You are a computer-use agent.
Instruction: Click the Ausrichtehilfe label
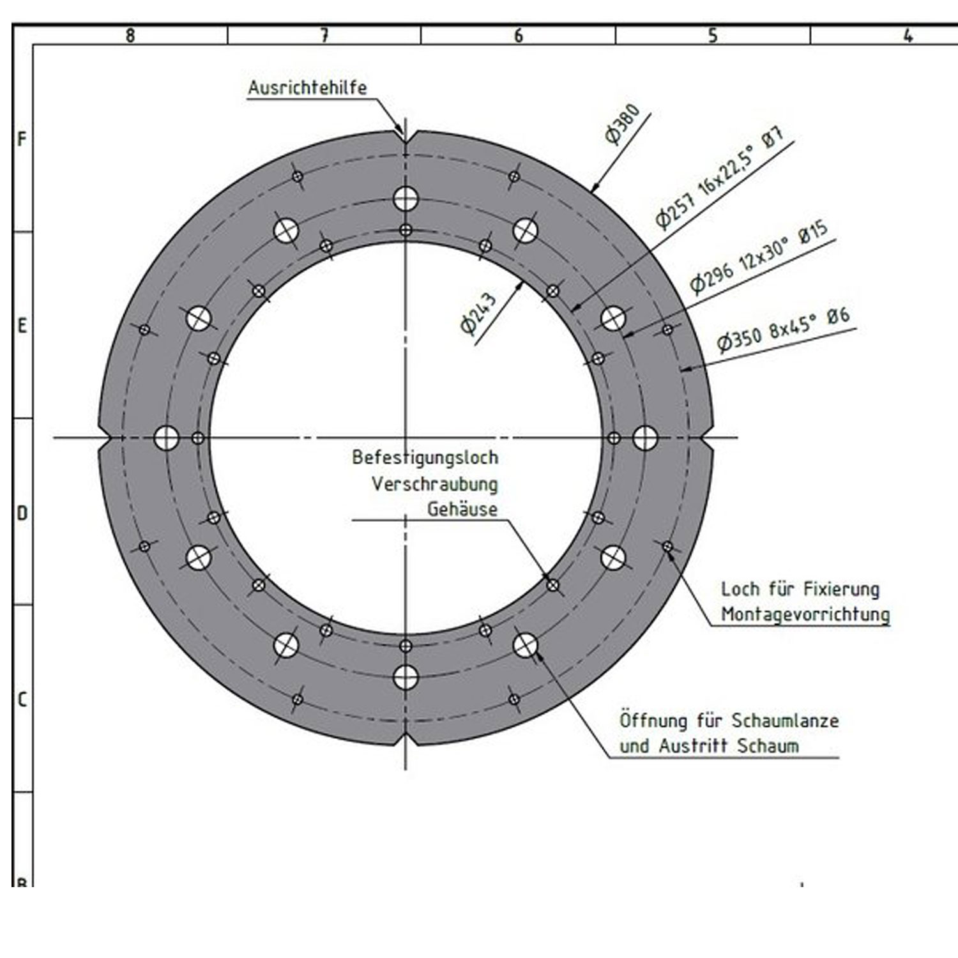click(x=307, y=87)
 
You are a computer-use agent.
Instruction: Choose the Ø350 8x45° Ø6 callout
click(x=784, y=330)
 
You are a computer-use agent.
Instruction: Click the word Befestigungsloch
click(x=425, y=457)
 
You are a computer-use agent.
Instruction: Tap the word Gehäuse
click(x=462, y=509)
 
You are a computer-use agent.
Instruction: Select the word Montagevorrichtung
click(x=805, y=614)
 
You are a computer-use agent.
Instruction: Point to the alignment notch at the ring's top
click(x=405, y=136)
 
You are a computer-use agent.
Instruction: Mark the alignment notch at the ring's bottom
click(x=406, y=740)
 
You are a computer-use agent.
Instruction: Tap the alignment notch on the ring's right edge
click(x=706, y=438)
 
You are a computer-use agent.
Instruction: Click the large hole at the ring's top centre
click(x=406, y=199)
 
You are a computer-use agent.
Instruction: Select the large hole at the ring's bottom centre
click(x=406, y=678)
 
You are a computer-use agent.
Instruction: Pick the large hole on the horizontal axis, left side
click(x=166, y=438)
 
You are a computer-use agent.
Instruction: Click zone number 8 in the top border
click(x=130, y=35)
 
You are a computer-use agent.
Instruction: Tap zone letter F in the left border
click(x=22, y=139)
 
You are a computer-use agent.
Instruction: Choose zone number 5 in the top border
click(x=713, y=35)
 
